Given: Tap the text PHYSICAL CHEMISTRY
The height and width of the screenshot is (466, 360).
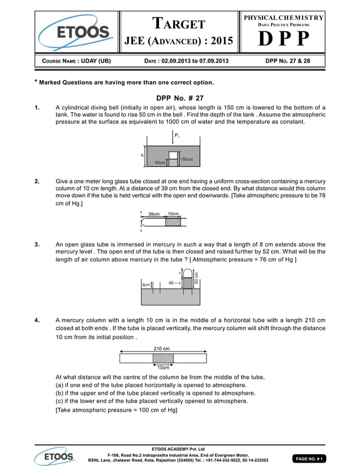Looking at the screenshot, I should pos(283,18).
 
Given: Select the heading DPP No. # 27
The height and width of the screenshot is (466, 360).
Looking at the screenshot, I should pos(180,98).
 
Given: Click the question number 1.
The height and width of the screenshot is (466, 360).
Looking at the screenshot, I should pos(37,107).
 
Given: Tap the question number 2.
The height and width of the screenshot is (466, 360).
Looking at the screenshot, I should pos(37,182).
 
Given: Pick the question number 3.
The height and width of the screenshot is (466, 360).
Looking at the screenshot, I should pos(37,245).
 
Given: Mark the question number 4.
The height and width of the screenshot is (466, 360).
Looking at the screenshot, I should pos(37,320).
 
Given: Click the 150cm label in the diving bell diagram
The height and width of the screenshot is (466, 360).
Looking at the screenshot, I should pos(187,160).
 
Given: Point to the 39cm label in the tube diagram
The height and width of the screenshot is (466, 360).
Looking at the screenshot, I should pos(153,214).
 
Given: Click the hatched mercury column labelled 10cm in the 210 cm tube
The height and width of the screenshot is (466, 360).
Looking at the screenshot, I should pos(163,358).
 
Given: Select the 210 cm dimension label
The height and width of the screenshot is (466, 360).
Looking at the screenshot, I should pos(162,349).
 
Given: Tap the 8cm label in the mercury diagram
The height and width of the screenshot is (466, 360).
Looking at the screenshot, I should pos(146,285).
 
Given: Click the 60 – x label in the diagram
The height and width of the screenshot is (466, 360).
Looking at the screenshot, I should pos(174,283).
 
